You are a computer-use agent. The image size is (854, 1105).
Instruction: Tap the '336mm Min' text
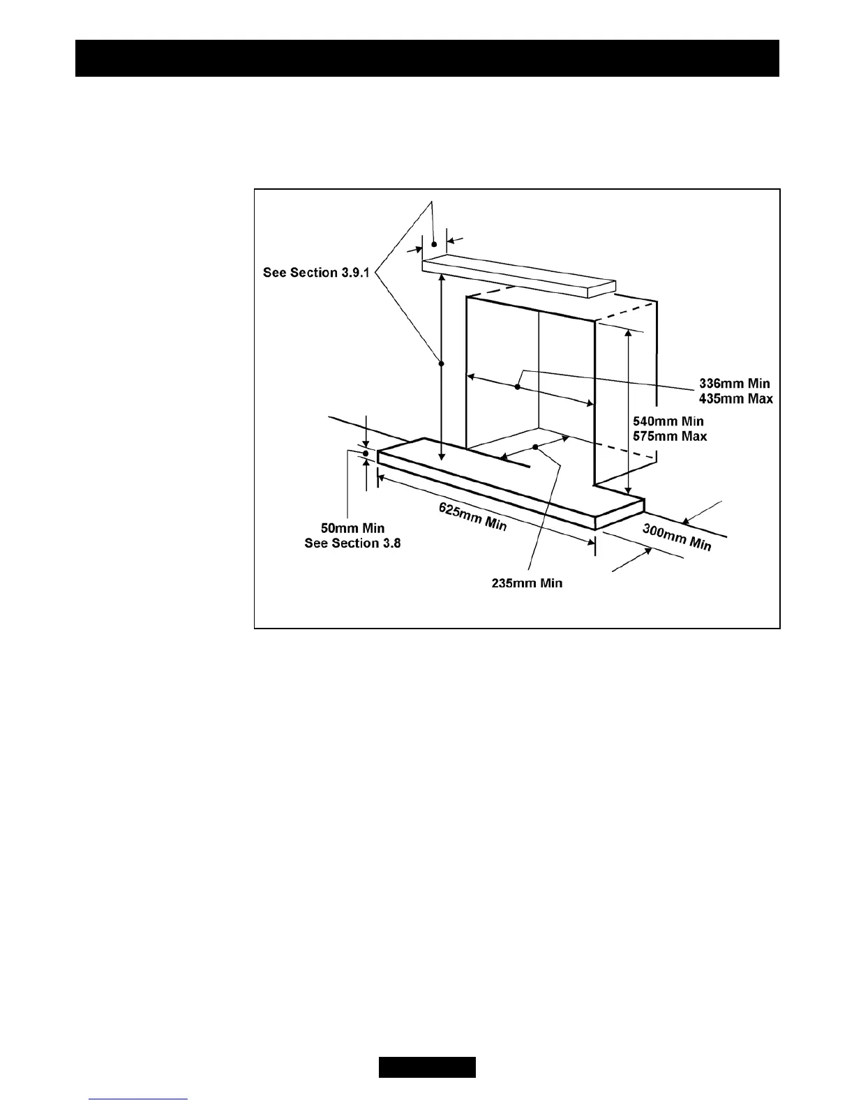(x=735, y=384)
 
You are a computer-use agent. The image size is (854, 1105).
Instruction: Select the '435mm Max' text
(x=735, y=399)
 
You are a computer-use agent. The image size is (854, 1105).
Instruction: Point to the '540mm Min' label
(x=668, y=421)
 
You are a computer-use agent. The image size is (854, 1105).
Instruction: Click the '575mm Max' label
(x=669, y=437)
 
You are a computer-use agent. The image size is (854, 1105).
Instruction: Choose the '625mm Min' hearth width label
(x=472, y=516)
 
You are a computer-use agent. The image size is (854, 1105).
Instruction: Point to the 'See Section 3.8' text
(x=352, y=543)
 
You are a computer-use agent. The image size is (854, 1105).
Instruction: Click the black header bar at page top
(x=427, y=58)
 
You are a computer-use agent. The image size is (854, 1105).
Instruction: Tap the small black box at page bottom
(x=427, y=1067)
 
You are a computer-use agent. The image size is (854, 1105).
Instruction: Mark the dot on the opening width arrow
(x=518, y=387)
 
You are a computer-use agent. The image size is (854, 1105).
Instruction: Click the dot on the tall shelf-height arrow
(x=441, y=362)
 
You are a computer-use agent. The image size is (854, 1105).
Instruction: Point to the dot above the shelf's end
(x=434, y=243)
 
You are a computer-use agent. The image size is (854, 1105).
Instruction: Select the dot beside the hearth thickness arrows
(x=365, y=453)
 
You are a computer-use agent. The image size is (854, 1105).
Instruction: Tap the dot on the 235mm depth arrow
(x=535, y=447)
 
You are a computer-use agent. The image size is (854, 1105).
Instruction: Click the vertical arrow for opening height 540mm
(x=629, y=412)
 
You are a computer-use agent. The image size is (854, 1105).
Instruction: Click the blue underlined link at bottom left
(x=139, y=1099)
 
